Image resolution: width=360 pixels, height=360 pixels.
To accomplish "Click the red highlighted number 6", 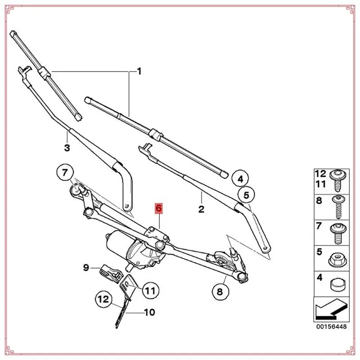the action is pos(159,208).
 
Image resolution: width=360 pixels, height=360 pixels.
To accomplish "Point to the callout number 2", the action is pos(201,209).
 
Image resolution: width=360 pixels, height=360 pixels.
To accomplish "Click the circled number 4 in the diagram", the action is pos(240,179).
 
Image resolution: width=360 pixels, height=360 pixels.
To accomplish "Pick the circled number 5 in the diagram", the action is pos(246,195).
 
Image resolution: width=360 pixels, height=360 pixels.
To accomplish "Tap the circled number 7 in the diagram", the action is pos(65,172).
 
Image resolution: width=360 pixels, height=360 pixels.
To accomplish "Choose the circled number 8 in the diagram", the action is pos(220,292).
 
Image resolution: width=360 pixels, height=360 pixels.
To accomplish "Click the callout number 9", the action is pos(86,269).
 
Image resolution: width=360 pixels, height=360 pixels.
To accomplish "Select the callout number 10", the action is pos(149,312).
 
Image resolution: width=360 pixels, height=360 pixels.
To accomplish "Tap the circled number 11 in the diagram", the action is pos(149,290).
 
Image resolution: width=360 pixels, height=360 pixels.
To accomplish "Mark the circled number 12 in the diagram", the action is pos(103,298).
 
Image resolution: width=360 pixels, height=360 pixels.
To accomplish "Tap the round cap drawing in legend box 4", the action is pos(337,284).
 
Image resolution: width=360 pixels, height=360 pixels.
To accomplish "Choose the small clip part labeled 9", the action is pos(109,271).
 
